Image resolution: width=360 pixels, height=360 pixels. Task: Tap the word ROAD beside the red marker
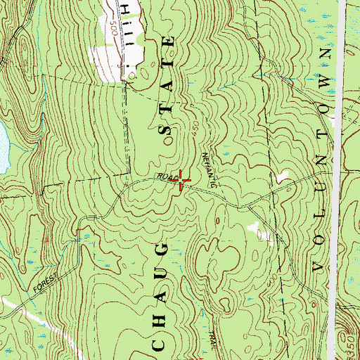tap(166, 176)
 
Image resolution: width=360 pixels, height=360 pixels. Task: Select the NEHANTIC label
tap(209, 169)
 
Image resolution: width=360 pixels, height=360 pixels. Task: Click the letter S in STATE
tap(167, 131)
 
